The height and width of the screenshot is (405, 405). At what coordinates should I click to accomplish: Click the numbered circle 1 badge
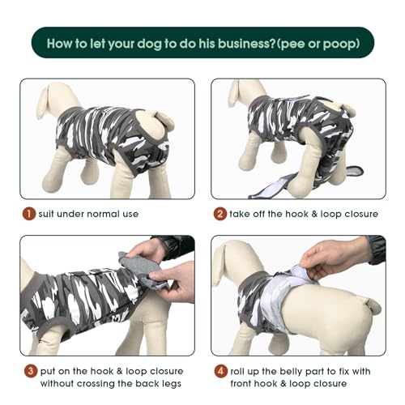pos(28,214)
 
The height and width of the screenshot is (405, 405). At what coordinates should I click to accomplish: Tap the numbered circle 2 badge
pos(219,214)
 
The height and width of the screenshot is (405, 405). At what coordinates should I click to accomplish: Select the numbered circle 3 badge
pos(28,370)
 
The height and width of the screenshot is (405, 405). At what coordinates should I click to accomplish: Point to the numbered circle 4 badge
pos(219,370)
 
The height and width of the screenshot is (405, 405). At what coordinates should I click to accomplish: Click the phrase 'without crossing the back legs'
pos(113,383)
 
